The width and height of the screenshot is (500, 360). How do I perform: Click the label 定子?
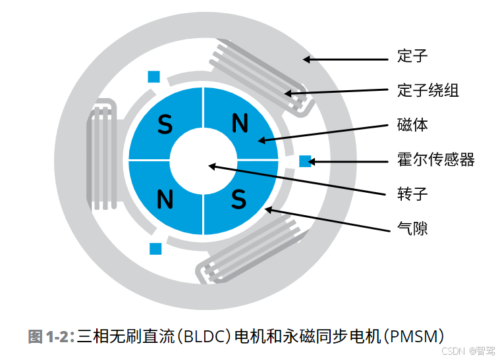pos(413,56)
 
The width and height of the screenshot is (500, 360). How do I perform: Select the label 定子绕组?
pos(428,90)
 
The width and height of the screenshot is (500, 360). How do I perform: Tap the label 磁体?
pos(413,124)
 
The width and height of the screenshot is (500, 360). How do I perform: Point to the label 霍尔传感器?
pos(435,159)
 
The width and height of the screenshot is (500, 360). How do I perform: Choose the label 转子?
pos(413,193)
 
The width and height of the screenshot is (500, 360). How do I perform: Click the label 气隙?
pos(413,228)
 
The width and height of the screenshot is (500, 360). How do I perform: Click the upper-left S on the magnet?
pos(165,124)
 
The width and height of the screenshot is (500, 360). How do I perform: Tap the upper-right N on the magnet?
pos(240,123)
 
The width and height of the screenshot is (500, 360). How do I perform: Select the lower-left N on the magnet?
pos(165,197)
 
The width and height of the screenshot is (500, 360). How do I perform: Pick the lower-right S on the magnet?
pos(238,197)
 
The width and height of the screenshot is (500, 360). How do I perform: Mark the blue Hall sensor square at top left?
pos(153,77)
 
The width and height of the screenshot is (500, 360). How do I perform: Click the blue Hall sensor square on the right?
pos(305,161)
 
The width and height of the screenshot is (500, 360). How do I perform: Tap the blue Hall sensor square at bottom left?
pos(155,249)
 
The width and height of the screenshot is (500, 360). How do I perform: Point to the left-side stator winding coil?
pos(100,155)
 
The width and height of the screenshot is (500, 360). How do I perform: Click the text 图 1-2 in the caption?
pos(48,337)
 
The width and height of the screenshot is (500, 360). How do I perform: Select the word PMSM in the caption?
pos(415,337)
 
